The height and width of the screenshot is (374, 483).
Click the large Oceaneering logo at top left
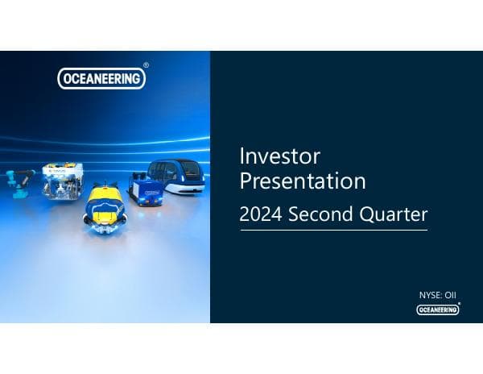[101, 78]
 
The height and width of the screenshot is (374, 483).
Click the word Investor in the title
[280, 155]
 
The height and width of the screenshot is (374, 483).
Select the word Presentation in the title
[303, 181]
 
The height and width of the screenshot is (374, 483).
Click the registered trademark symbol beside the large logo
[146, 64]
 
